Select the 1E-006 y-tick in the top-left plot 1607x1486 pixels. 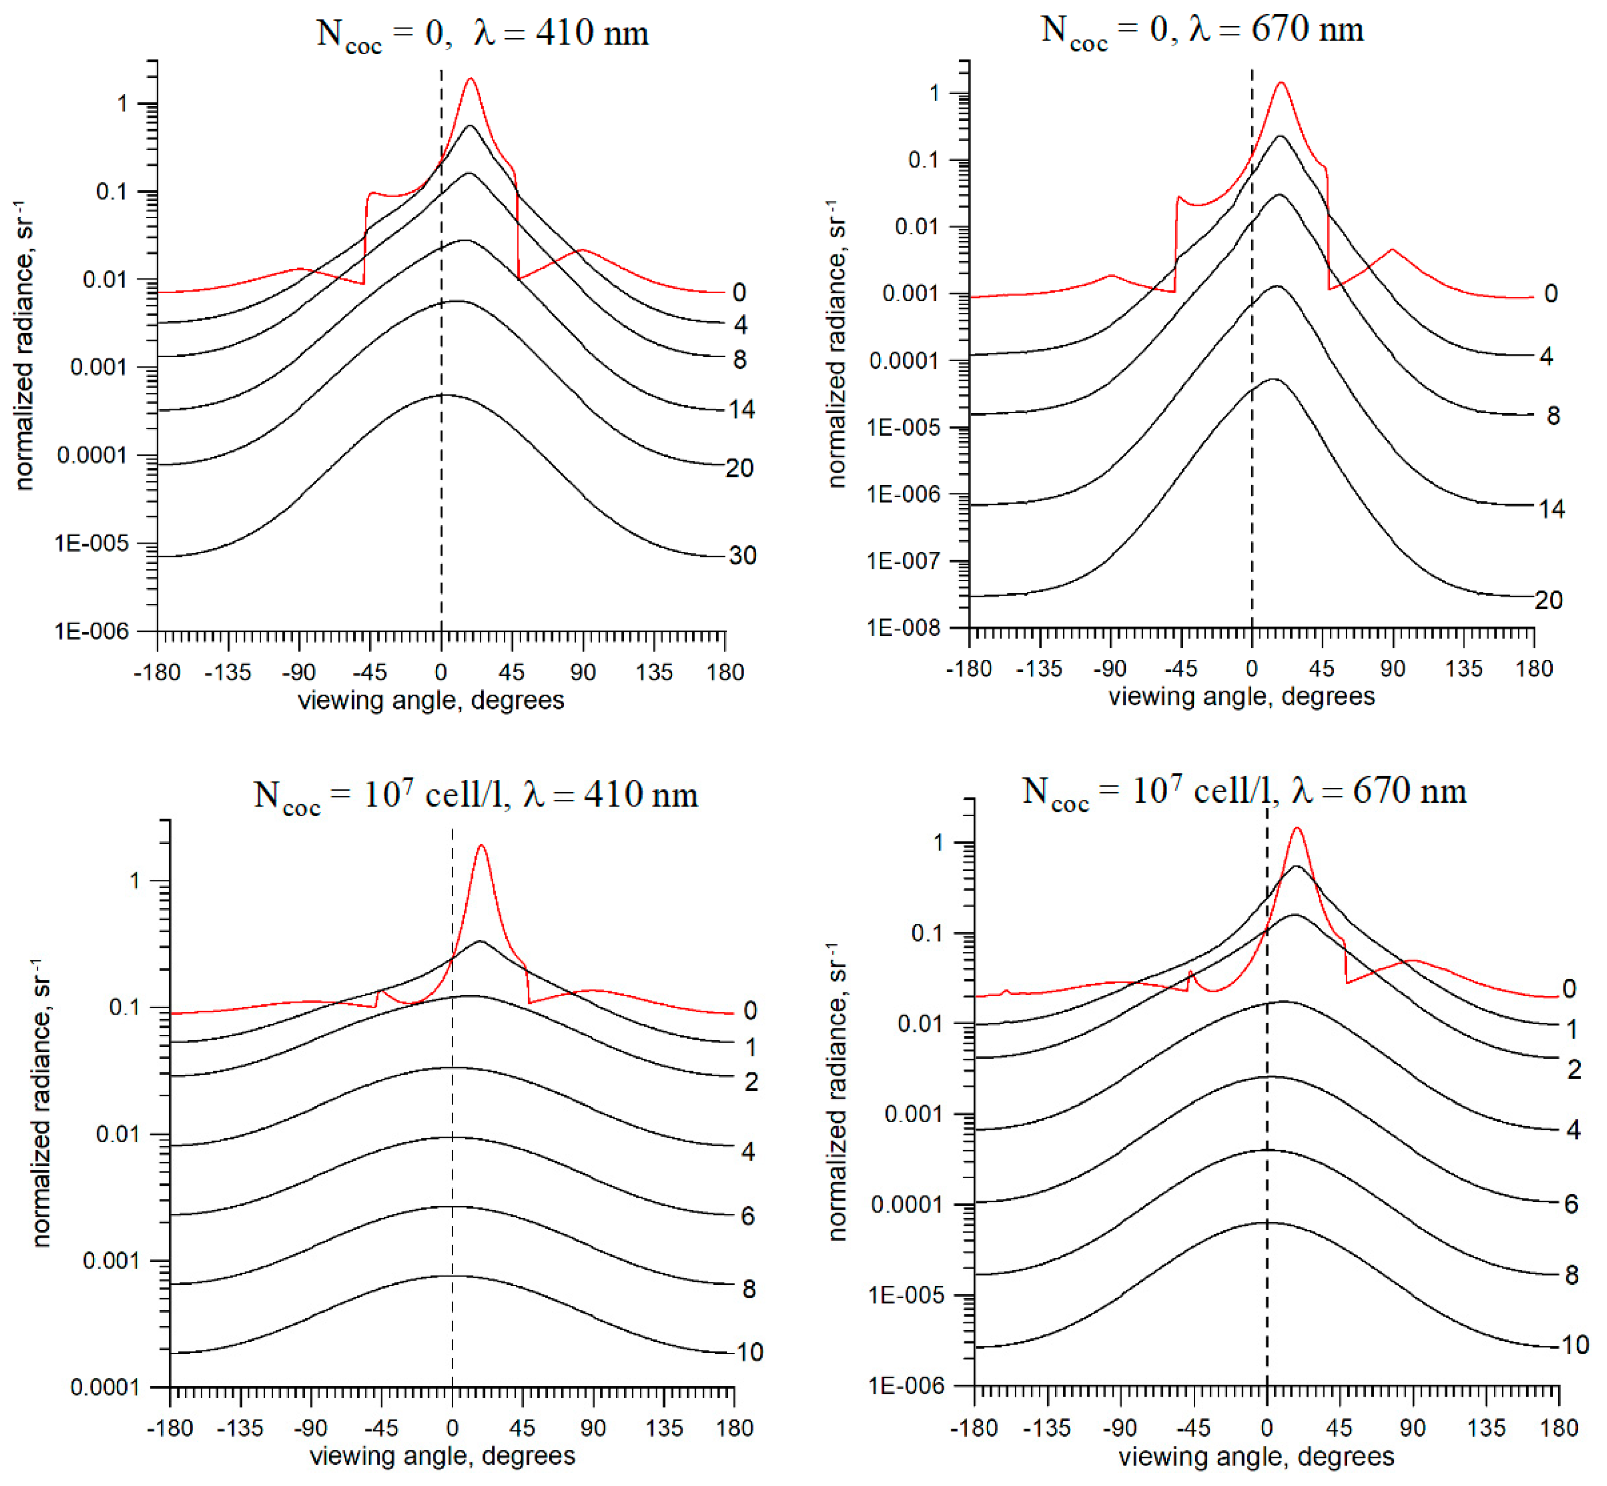coord(91,631)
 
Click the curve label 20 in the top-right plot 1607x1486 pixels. coord(1548,600)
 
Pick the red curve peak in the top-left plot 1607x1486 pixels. coord(471,79)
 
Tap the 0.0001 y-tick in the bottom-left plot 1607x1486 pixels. coord(104,1387)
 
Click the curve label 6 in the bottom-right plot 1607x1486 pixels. coord(1571,1204)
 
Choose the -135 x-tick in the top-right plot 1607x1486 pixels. coord(1039,668)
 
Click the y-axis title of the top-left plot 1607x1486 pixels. coord(24,345)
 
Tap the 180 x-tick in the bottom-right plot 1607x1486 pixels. coord(1559,1428)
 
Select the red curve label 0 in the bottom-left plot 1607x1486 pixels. coord(750,1010)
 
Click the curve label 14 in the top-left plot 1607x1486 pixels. coord(741,409)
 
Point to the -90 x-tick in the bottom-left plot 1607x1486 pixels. coord(310,1428)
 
